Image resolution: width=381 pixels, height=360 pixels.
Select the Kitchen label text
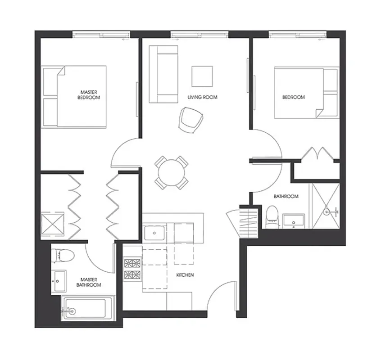point(185,274)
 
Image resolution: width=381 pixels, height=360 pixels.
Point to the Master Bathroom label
point(88,282)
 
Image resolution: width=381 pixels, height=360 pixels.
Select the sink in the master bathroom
point(59,281)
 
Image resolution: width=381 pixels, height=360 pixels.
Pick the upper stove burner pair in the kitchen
point(132,262)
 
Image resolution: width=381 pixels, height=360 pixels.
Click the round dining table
point(171,172)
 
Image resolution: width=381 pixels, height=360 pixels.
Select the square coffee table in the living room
point(202,76)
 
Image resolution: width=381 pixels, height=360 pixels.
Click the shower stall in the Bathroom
point(326,206)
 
